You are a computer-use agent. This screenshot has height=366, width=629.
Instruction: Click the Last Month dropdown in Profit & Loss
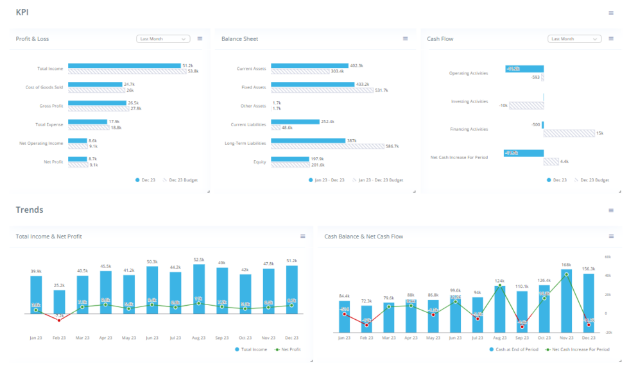pos(163,39)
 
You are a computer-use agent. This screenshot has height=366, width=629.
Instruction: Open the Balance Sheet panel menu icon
pos(405,38)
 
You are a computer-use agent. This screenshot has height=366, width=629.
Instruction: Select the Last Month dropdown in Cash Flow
pos(574,39)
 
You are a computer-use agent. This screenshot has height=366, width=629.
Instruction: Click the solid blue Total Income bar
pos(125,65)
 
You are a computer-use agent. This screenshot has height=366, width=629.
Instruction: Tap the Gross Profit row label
pos(51,106)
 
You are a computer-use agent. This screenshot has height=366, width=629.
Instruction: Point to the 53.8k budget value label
pos(193,71)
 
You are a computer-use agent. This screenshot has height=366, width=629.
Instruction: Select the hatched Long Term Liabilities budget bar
pos(327,146)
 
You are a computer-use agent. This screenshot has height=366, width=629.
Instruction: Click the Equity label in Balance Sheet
pos(259,162)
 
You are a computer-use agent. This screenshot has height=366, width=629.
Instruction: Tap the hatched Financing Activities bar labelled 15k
pos(569,133)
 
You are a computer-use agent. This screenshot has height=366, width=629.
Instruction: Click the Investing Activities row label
pos(469,101)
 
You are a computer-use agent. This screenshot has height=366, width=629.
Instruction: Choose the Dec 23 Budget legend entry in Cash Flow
pos(591,180)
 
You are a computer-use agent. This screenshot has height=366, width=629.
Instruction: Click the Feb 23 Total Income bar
pos(59,302)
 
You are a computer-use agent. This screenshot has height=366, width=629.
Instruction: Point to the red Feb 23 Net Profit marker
pos(59,320)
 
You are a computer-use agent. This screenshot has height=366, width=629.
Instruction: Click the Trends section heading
pos(30,210)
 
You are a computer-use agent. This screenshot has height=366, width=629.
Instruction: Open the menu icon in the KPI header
pos(611,13)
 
